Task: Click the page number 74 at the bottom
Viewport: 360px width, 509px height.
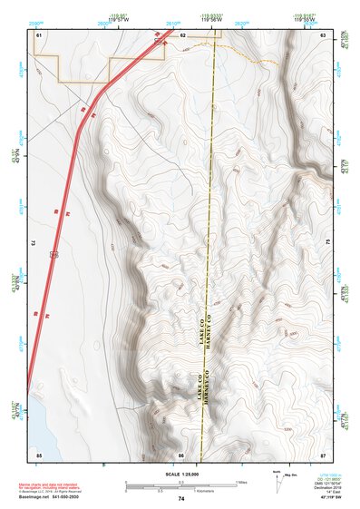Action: tap(181, 499)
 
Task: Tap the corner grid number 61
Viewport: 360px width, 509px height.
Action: tap(39, 34)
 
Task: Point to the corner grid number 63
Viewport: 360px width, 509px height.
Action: tap(323, 34)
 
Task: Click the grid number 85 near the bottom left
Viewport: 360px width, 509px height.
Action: tap(39, 453)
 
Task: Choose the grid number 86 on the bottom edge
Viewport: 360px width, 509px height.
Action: tap(181, 453)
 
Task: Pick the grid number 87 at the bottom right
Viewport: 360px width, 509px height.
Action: tap(323, 453)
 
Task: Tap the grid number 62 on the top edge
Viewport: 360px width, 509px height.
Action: tap(182, 34)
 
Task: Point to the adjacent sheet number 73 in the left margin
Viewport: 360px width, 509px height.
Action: tap(33, 243)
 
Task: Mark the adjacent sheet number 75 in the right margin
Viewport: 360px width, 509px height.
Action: tap(327, 243)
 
